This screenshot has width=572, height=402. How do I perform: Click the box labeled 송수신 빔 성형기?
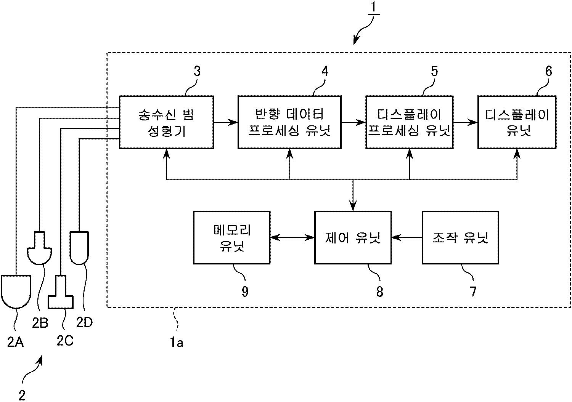click(x=166, y=122)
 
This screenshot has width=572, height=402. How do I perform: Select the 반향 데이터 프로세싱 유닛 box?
click(x=289, y=122)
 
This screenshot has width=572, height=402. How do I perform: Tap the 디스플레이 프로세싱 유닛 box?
click(x=409, y=122)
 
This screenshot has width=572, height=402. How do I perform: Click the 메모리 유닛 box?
click(x=231, y=237)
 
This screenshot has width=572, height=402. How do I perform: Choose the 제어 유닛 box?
click(x=353, y=237)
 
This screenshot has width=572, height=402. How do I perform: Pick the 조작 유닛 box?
click(x=460, y=237)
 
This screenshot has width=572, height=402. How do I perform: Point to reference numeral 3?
click(x=197, y=71)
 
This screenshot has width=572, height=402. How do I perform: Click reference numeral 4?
click(x=325, y=71)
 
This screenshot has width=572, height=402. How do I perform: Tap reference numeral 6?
click(x=548, y=71)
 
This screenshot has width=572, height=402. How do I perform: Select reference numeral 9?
click(x=245, y=291)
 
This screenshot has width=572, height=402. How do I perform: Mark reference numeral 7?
click(x=473, y=291)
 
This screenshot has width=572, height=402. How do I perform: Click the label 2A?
click(x=15, y=342)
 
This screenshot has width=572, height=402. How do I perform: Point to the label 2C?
click(x=65, y=340)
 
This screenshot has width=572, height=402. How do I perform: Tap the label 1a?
click(x=177, y=342)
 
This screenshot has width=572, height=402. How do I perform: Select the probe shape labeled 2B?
click(x=40, y=248)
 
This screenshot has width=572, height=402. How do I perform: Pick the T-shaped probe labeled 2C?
click(x=61, y=292)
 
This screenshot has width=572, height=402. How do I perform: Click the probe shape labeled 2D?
click(x=79, y=248)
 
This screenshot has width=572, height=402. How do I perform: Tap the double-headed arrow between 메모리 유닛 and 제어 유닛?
click(x=292, y=238)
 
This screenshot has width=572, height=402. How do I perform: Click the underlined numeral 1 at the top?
click(x=373, y=8)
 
